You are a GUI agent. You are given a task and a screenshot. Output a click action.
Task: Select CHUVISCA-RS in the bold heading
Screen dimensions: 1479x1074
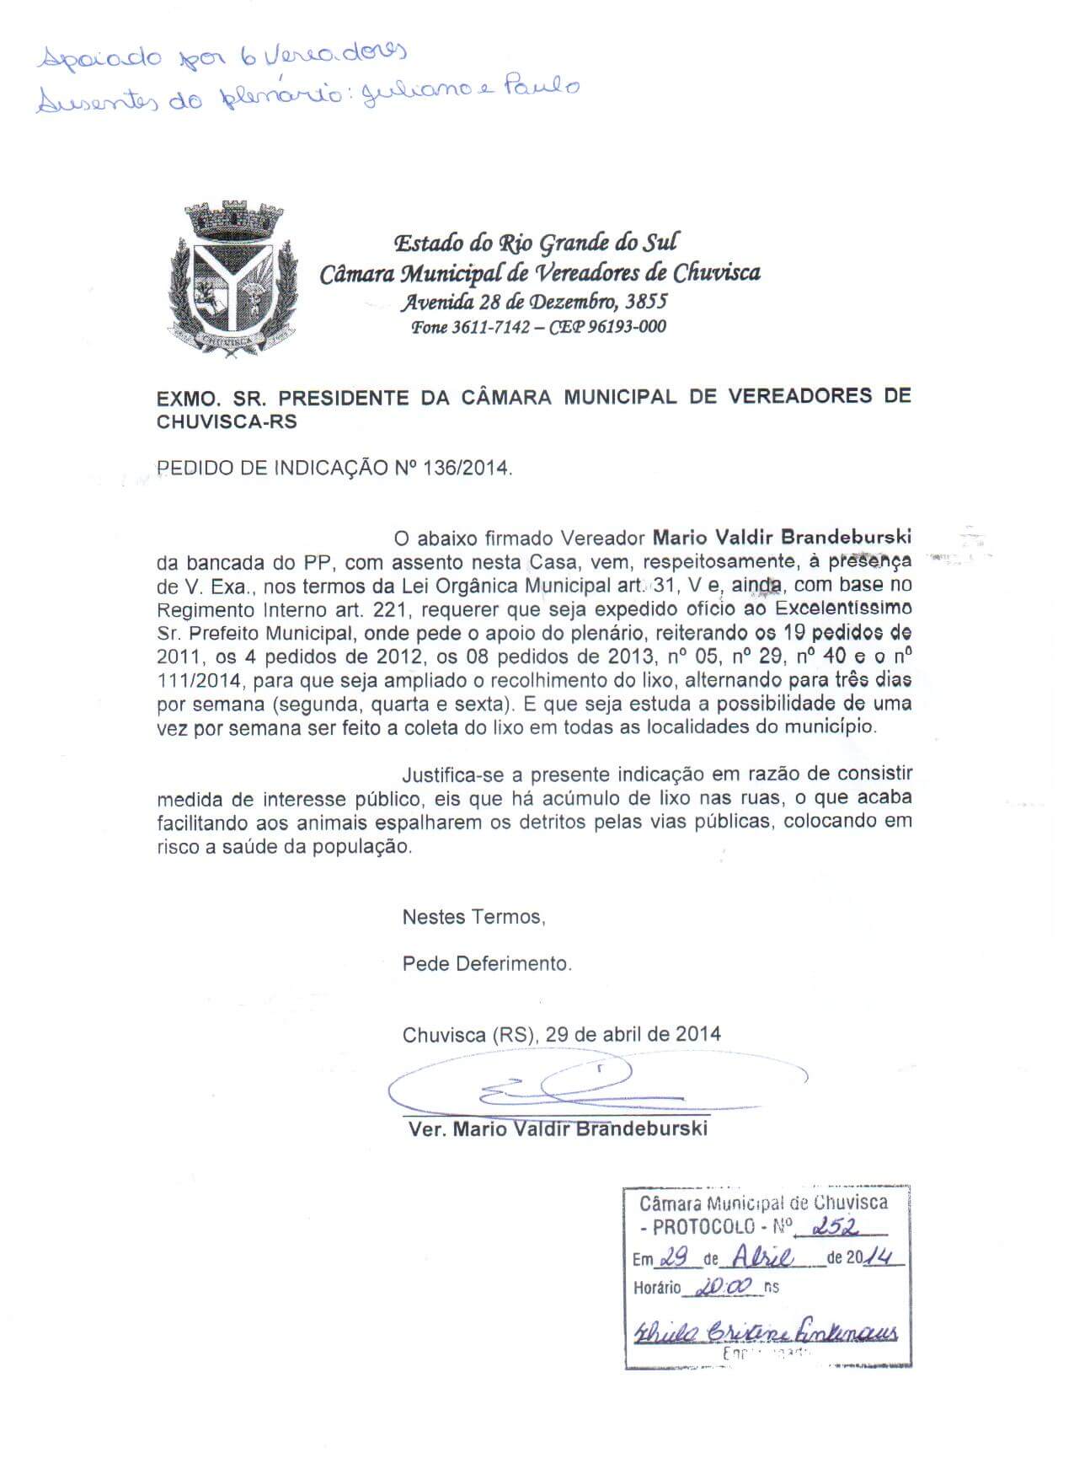(x=227, y=421)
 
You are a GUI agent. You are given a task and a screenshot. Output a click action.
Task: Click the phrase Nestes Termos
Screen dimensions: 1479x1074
(x=473, y=917)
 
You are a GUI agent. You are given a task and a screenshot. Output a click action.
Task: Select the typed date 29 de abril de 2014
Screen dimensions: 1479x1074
(x=633, y=1034)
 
